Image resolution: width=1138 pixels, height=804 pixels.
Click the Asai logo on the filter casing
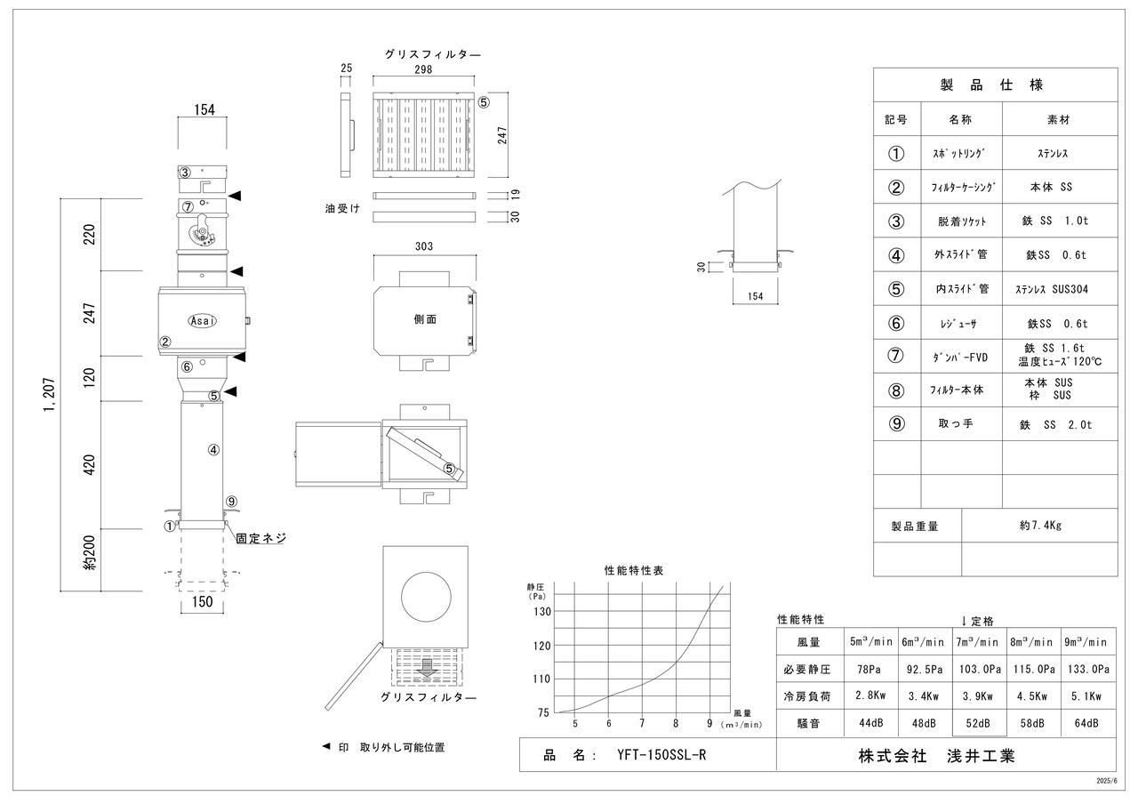coord(202,320)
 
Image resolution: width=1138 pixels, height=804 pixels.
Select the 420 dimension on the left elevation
coord(89,463)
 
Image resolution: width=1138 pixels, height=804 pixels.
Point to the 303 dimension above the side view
coord(424,245)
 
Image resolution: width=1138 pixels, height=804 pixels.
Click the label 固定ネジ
coord(260,538)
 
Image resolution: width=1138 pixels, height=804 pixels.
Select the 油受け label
coord(342,208)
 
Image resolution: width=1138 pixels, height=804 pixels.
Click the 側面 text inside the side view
coord(425,319)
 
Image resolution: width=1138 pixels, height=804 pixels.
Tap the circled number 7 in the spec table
coord(896,357)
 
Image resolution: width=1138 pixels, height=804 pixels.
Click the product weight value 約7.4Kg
coord(1039,525)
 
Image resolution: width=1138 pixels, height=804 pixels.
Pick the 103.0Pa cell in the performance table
coord(979,668)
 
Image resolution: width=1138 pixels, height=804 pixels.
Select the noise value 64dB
coord(1086,723)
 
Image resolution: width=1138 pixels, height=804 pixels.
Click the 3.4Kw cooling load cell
coord(925,695)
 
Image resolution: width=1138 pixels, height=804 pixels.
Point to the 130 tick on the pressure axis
coord(541,611)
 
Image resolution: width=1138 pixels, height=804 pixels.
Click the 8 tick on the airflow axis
coord(676,723)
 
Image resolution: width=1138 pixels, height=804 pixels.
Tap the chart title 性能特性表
coord(633,569)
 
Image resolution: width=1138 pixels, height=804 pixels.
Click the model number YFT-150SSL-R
coord(662,756)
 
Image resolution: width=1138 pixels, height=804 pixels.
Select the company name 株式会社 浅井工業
coord(935,756)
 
